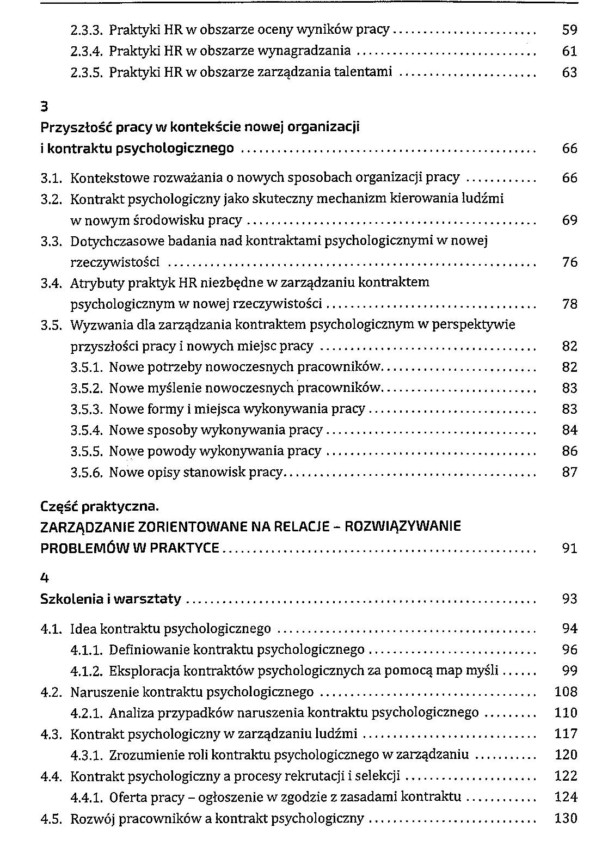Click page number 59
[569, 30]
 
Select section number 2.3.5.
[87, 72]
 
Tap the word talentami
[365, 72]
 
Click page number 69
[569, 220]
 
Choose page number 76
[569, 262]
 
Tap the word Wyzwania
[97, 325]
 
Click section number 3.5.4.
[87, 430]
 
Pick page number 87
[569, 472]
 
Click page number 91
[569, 548]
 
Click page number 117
[566, 734]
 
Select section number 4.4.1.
[87, 797]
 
